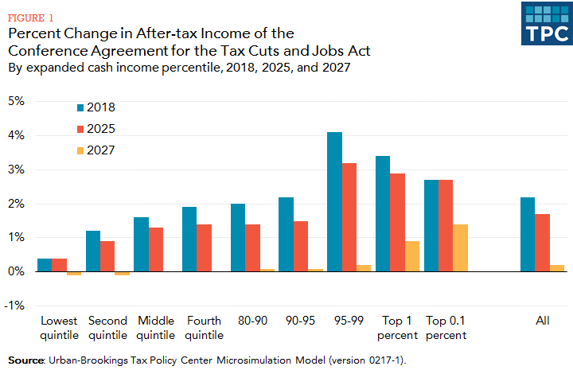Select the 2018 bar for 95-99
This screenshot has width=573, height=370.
[x=334, y=202]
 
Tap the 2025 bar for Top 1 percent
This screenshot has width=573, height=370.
[x=398, y=223]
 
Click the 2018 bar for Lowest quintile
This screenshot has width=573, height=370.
[x=45, y=265]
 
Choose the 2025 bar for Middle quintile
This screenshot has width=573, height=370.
[x=157, y=250]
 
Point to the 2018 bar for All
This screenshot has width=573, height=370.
[x=527, y=235]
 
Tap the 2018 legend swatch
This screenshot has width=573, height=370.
[x=81, y=107]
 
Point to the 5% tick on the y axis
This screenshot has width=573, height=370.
[x=17, y=101]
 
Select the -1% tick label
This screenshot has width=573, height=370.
[x=16, y=306]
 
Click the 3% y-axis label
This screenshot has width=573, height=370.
[x=17, y=169]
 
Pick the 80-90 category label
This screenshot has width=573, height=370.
[x=253, y=321]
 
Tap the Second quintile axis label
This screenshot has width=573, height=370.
[x=108, y=328]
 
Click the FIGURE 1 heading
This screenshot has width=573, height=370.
[x=30, y=16]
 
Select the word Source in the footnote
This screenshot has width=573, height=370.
[x=25, y=360]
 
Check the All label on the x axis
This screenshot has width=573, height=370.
[x=543, y=321]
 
